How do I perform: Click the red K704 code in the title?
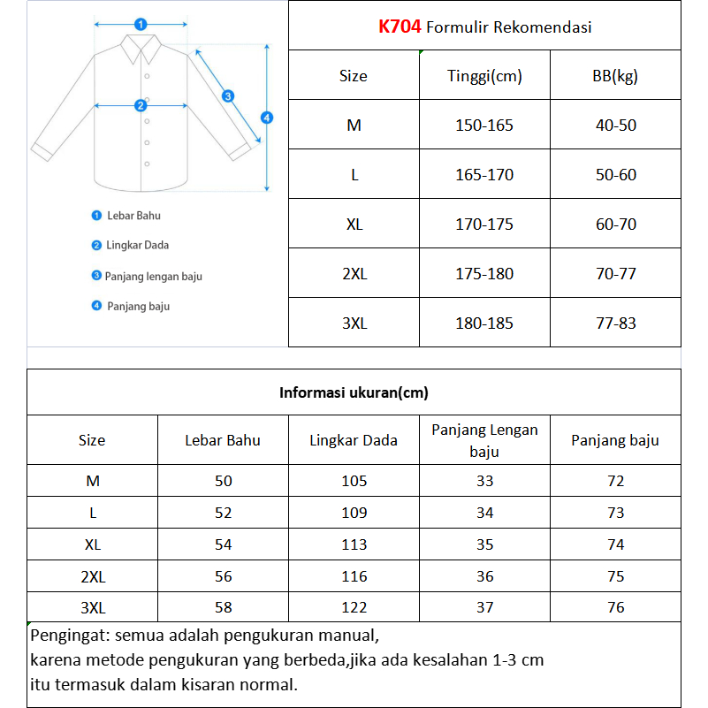click(x=400, y=27)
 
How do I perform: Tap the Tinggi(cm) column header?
click(x=484, y=76)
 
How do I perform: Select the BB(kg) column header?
click(x=615, y=76)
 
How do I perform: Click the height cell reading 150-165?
click(x=484, y=126)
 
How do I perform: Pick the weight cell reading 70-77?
click(x=615, y=274)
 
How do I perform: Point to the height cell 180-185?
click(x=484, y=324)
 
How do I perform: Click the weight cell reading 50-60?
click(x=615, y=175)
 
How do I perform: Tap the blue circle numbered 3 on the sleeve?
click(x=227, y=96)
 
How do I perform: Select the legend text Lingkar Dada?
click(x=137, y=246)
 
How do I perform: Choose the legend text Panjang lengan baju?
click(x=153, y=277)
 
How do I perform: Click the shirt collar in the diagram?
click(x=140, y=49)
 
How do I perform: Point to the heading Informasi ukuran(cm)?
click(x=354, y=393)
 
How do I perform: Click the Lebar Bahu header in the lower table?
click(x=223, y=440)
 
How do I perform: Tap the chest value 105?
click(x=354, y=481)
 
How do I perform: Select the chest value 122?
click(x=354, y=607)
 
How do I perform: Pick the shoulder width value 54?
click(x=223, y=544)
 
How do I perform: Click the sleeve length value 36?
click(x=484, y=576)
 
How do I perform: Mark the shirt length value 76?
click(x=615, y=607)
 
